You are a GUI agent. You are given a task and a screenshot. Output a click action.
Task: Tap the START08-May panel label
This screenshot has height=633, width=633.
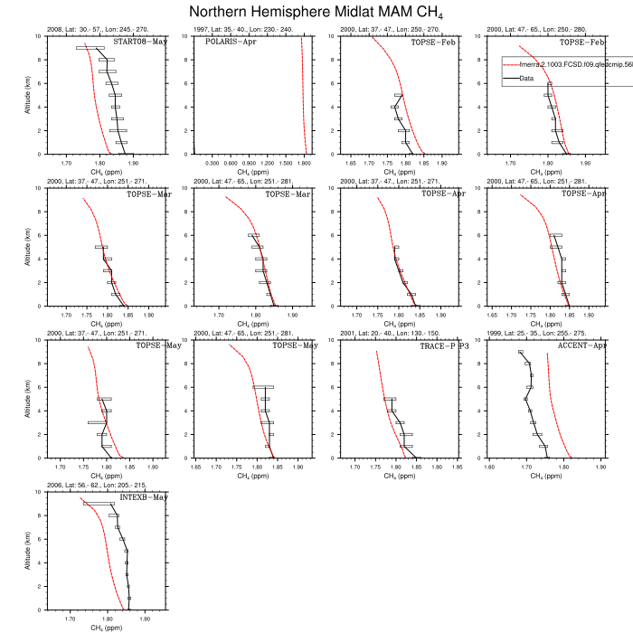click(x=140, y=42)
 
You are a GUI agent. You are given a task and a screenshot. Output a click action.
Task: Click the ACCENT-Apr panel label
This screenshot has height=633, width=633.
click(x=581, y=345)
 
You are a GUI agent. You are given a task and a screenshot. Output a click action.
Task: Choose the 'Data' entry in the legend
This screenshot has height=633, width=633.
click(x=526, y=78)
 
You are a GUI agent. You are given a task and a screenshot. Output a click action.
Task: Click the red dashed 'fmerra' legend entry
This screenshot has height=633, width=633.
click(x=561, y=64)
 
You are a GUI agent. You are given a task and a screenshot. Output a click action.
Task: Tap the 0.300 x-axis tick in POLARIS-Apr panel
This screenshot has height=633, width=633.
click(x=213, y=163)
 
